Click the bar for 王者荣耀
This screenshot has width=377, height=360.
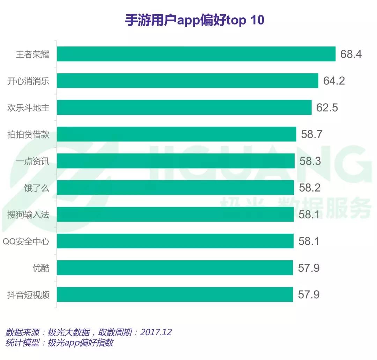click(196, 54)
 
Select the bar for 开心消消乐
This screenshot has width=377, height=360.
click(187, 81)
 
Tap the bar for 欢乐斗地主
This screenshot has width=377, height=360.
click(184, 107)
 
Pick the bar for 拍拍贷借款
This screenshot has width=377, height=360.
click(176, 134)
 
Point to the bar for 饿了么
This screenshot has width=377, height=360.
click(175, 188)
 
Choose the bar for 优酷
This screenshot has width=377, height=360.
click(175, 268)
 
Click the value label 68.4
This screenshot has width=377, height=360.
click(351, 54)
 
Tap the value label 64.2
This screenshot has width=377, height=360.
click(334, 81)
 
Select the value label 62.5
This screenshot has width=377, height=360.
click(327, 108)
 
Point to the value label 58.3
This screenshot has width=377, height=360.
click(310, 161)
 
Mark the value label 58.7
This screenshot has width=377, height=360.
click(312, 134)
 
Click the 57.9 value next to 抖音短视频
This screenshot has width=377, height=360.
click(309, 295)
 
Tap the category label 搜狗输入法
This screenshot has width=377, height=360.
click(28, 215)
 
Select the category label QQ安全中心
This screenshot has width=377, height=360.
click(26, 241)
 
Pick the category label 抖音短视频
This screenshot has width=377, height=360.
click(28, 295)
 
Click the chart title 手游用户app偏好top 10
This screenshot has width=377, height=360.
click(194, 20)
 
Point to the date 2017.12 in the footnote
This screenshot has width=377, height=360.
click(156, 332)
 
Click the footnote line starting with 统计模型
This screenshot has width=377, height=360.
click(59, 343)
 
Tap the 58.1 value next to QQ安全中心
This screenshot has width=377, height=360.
click(309, 241)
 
